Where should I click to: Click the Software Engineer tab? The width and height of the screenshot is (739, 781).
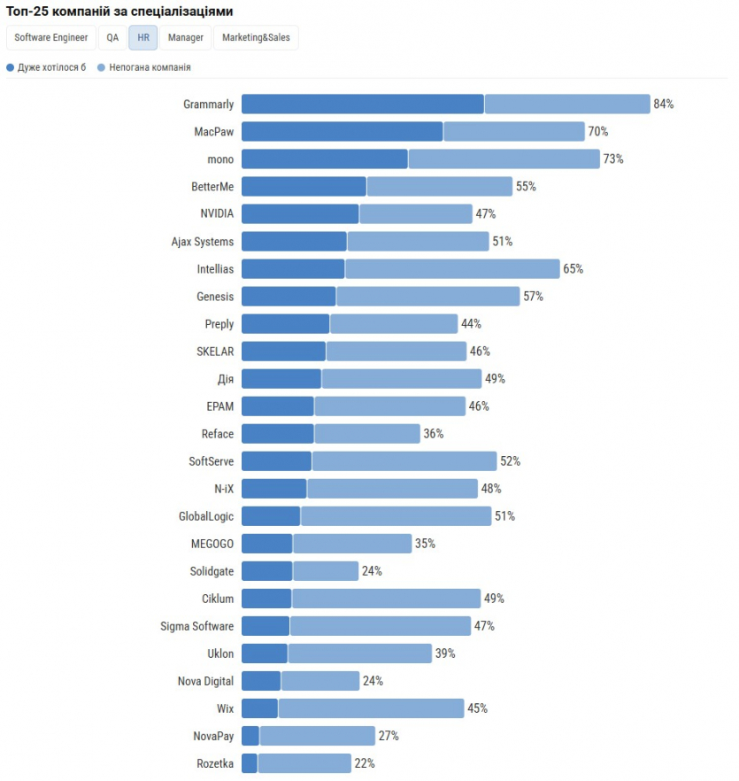point(50,38)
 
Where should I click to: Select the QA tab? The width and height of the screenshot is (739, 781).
point(112,38)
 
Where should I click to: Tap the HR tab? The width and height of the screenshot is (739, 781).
point(143,38)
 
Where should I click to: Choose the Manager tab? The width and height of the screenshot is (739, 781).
point(186,38)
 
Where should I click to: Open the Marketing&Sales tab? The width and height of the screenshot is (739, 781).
point(256,38)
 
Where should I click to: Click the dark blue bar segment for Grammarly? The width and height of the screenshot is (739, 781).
point(363,104)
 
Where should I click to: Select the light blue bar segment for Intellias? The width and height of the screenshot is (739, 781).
point(452,269)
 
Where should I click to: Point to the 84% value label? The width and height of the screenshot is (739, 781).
point(664,104)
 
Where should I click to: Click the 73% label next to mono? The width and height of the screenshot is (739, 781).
point(613,159)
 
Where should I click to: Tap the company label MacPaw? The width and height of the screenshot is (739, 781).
point(214,132)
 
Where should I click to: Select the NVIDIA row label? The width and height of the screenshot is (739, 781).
point(218,214)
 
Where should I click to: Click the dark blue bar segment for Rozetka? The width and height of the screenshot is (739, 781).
point(250,763)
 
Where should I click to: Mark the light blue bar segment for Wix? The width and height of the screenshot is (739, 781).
point(371,708)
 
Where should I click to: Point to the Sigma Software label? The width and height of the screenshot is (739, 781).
point(197,626)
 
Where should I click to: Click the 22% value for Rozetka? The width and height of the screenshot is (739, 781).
point(365,763)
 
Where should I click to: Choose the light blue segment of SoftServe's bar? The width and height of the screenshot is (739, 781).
point(404,461)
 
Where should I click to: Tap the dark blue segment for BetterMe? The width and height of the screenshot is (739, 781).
point(304,187)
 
